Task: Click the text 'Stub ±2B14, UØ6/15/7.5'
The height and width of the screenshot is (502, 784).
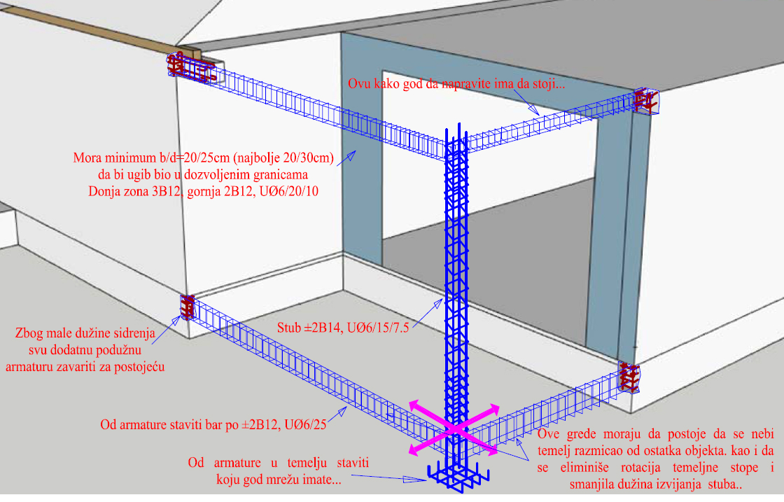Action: pos(343,328)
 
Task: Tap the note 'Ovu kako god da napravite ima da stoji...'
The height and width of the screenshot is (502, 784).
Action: pos(456,83)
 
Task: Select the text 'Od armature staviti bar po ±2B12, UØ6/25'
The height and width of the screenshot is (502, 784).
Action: pos(213,424)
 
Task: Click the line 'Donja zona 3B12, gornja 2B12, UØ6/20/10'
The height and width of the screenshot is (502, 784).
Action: pos(203,192)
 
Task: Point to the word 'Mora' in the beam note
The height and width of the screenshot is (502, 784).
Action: pos(87,158)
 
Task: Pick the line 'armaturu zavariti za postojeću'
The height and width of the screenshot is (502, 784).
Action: pos(85,366)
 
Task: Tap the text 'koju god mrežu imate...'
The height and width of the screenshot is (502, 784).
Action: pos(279,480)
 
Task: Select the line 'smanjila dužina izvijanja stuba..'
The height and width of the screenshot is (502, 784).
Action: pos(655,484)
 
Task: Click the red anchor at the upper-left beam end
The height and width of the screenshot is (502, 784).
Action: pos(192,68)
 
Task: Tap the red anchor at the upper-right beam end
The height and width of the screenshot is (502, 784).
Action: pos(646,102)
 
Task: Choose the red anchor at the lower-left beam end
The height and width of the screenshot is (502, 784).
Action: pos(188,307)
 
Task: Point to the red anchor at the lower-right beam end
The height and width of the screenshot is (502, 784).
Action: pos(629,377)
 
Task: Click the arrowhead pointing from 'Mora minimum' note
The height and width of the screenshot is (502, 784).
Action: pos(351,156)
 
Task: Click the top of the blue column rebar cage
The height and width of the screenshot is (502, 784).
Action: pos(456,125)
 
